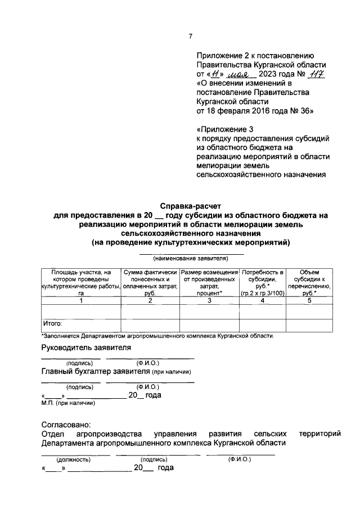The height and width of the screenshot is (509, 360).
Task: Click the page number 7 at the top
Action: coord(190,37)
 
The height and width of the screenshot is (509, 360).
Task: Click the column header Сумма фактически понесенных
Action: coord(150,282)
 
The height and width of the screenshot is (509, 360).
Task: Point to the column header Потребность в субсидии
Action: coord(262,282)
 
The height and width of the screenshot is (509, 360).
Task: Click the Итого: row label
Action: coord(53,324)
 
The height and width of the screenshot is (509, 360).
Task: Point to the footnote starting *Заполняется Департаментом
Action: coord(157,336)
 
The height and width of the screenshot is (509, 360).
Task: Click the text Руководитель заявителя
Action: coord(86,348)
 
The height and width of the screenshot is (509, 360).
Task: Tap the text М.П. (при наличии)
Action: coord(68,403)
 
